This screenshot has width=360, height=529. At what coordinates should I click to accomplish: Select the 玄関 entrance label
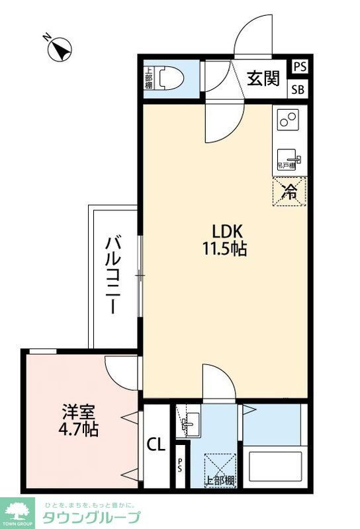(x=263, y=80)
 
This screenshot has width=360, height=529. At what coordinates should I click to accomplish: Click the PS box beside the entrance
(x=300, y=67)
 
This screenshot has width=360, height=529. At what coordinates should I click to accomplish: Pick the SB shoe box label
(x=300, y=91)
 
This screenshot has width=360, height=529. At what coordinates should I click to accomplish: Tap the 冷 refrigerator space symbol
(x=289, y=191)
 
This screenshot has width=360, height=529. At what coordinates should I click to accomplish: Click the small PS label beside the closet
(x=179, y=466)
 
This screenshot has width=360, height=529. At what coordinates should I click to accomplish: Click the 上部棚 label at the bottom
(x=219, y=480)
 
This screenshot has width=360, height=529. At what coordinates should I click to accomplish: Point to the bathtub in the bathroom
(x=272, y=467)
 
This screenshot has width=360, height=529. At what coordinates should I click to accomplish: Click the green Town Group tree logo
(x=19, y=510)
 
